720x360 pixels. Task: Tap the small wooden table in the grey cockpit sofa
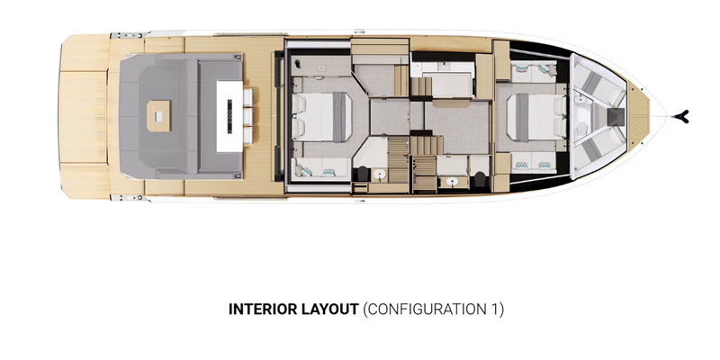click(158, 117)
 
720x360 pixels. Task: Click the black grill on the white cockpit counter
click(229, 116)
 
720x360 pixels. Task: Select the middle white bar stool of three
click(248, 116)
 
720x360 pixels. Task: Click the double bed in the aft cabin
click(321, 117)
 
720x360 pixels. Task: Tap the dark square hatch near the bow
click(616, 117)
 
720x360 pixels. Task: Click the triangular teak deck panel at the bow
click(638, 117)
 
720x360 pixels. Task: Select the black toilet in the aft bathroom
click(362, 174)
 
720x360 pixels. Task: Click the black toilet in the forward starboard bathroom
click(480, 178)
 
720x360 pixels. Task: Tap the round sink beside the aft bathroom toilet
click(379, 175)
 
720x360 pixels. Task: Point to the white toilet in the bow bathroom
click(581, 129)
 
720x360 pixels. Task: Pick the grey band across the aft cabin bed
click(339, 117)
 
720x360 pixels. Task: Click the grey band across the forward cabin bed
click(522, 117)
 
